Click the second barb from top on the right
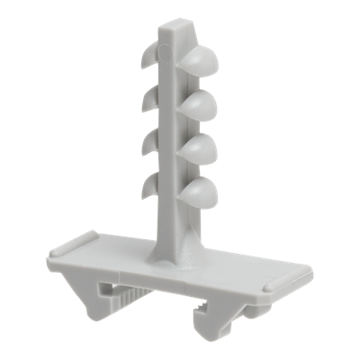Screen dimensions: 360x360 tap(202, 106)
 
